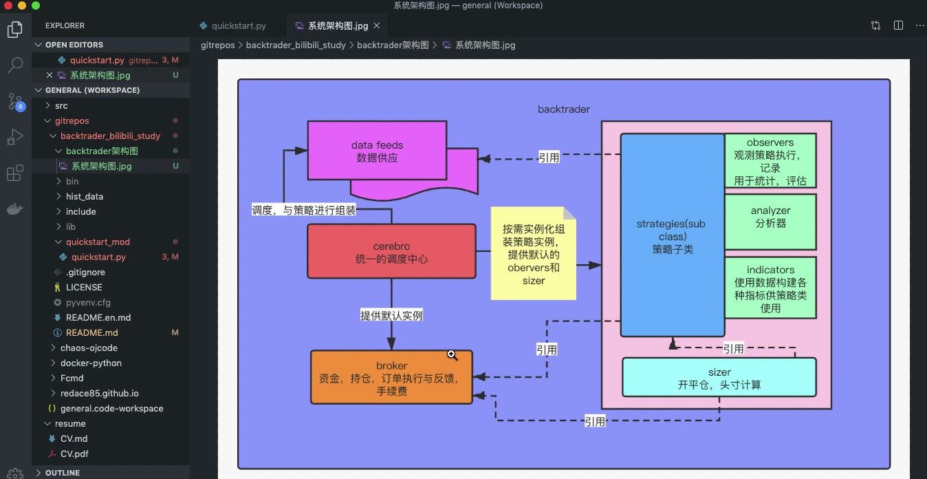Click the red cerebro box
[391, 251]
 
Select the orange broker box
[391, 377]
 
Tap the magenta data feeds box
[377, 151]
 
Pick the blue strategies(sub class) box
[672, 235]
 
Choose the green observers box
[770, 161]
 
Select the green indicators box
[770, 288]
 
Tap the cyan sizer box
[719, 378]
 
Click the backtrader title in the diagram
[563, 109]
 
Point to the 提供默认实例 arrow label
[391, 315]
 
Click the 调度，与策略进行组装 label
[304, 210]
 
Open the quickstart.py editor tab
[238, 26]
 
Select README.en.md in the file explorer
[98, 317]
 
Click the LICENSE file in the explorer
[84, 287]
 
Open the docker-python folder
[91, 363]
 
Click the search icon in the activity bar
[15, 65]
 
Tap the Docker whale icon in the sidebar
[15, 209]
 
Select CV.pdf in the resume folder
[74, 454]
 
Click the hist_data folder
[84, 196]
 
